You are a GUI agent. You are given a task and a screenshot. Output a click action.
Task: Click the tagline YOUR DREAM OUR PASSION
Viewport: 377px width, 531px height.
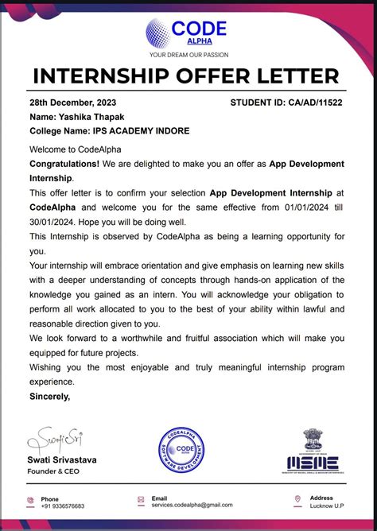point(188,55)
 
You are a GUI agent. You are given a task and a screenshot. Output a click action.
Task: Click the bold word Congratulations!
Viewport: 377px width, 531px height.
point(64,165)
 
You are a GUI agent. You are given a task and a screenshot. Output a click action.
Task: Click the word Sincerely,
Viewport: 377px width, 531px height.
point(49,395)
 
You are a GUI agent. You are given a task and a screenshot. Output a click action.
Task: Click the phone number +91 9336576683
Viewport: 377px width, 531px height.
point(63,506)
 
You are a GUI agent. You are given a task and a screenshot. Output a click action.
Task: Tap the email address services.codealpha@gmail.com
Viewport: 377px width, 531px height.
point(192,505)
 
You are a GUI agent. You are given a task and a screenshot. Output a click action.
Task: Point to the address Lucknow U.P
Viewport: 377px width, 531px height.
point(326,506)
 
